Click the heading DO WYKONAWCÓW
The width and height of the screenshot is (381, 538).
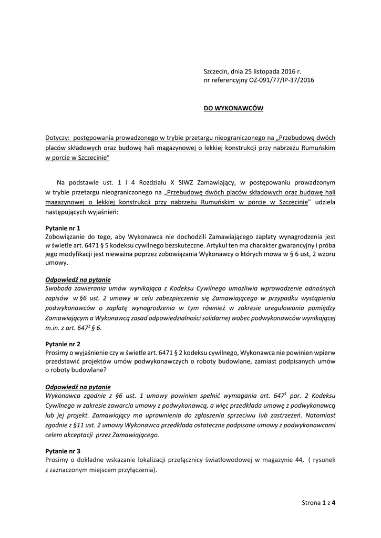[233, 109]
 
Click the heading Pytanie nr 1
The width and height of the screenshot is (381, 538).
[63, 228]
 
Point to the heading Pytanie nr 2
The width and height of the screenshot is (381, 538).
[63, 343]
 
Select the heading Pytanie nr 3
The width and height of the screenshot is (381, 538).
[63, 451]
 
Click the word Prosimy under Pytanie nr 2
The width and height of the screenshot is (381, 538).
[58, 353]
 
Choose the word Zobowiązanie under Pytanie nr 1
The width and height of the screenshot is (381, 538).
[67, 237]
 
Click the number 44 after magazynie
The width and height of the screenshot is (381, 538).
[299, 460]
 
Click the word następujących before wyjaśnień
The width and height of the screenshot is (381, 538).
[66, 212]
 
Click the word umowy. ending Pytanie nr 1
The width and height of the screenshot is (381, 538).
[56, 266]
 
